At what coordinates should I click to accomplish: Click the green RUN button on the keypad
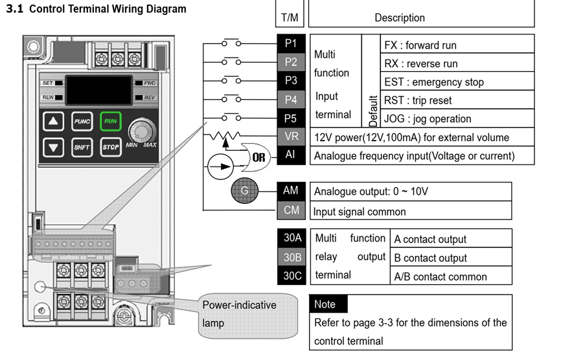111,121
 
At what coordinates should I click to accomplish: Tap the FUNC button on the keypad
82,121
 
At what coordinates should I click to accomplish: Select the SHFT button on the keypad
82,147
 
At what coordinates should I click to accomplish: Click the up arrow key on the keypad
54,121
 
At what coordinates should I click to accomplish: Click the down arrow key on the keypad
54,147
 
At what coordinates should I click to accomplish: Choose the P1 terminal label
291,43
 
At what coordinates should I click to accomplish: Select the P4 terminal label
291,100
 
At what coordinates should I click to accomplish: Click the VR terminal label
291,137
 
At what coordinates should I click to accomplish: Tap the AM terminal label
291,191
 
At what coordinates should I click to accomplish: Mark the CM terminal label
291,210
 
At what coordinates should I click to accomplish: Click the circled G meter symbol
245,190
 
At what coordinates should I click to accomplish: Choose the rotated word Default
371,111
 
